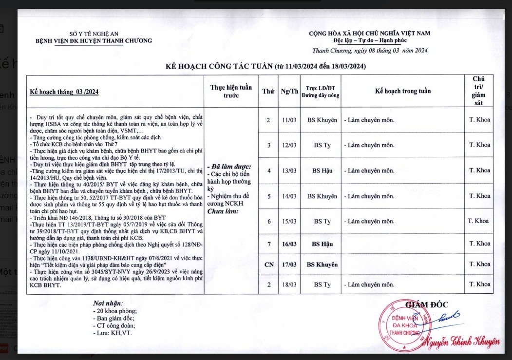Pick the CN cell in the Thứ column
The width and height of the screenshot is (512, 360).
point(268,264)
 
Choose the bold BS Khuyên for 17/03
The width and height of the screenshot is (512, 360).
point(322,264)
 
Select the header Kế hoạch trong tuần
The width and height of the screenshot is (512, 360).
point(403,91)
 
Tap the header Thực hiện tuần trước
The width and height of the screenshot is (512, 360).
point(231,91)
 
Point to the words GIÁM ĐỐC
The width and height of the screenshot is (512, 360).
point(427,305)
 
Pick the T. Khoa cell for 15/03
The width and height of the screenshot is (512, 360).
point(478,221)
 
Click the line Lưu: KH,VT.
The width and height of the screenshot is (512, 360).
point(112,333)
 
